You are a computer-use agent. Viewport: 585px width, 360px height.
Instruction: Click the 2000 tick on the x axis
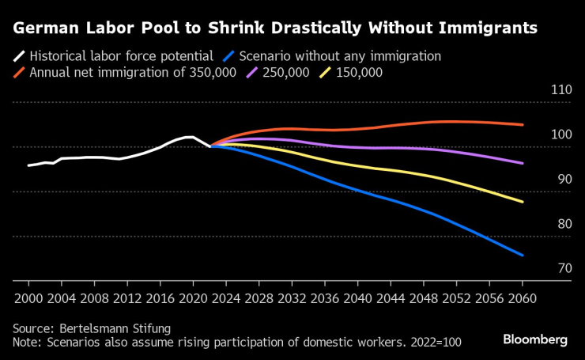[28, 299]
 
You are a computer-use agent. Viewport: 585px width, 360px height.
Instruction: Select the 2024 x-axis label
[226, 299]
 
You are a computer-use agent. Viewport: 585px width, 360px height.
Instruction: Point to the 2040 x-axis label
[357, 299]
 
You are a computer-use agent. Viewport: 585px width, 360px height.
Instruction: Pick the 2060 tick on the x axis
[522, 299]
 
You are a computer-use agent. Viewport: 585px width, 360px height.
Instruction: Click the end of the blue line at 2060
[523, 255]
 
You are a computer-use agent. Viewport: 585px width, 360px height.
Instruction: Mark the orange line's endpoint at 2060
[523, 124]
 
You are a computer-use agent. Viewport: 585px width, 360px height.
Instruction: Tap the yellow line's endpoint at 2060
[523, 202]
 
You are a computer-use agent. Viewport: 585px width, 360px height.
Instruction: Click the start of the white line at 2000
[28, 165]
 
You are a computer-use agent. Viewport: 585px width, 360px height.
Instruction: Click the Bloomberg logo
[535, 339]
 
